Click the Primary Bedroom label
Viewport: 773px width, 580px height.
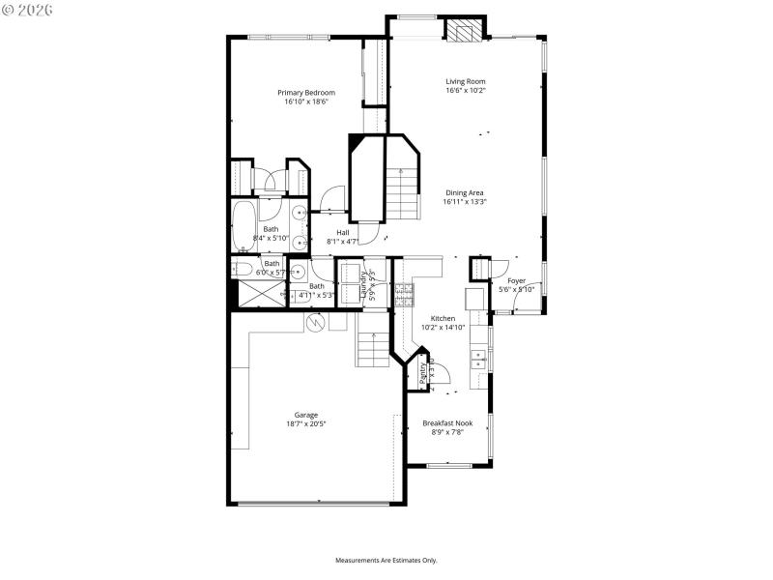[x=305, y=93]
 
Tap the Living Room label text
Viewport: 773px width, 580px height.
[x=465, y=81]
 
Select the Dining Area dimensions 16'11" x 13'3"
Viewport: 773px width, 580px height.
[x=465, y=202]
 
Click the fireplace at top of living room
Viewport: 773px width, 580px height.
[x=463, y=31]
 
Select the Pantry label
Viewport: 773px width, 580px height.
[x=423, y=371]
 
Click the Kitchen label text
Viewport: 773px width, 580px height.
[x=443, y=318]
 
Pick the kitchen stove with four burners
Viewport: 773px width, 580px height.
[x=403, y=292]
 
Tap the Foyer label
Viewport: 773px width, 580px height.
[x=517, y=280]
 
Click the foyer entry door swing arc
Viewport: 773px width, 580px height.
[x=527, y=303]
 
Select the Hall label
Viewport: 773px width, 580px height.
[x=342, y=232]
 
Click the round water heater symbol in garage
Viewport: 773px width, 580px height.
[x=314, y=323]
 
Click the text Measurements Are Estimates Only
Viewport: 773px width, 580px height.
[x=386, y=560]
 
